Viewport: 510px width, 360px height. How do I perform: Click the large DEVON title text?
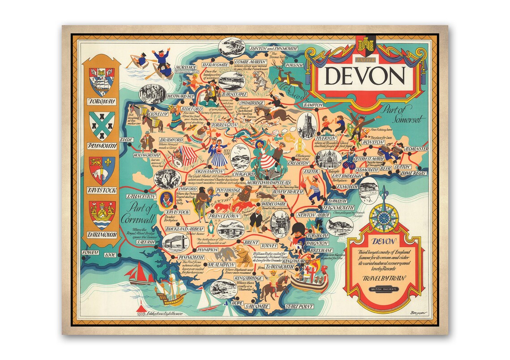[x=365, y=77]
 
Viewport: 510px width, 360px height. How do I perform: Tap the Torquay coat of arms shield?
[x=102, y=82]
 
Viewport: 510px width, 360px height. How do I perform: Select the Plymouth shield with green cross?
[x=102, y=126]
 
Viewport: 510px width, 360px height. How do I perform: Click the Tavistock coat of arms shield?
[x=102, y=170]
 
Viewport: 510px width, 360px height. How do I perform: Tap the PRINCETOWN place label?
[x=223, y=216]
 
